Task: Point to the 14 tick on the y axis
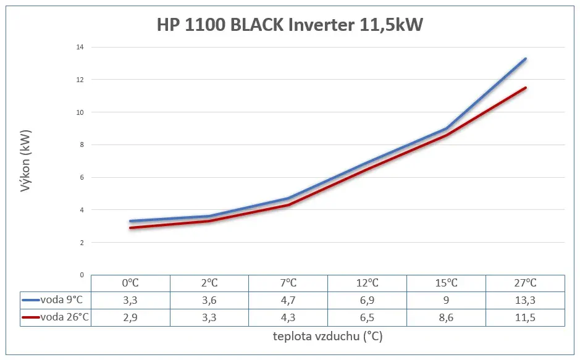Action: (x=80, y=47)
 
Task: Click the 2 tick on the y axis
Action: (x=81, y=242)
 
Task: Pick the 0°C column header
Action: (x=130, y=283)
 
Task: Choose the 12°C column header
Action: (x=367, y=283)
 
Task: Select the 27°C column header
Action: (x=525, y=283)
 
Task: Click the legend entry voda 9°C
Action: (x=56, y=300)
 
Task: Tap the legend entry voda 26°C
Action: (x=56, y=317)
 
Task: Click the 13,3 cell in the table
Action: (x=525, y=300)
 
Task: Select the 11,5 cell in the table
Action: (x=525, y=317)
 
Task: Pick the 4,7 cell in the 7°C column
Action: (x=288, y=300)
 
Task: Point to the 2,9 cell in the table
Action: (x=130, y=317)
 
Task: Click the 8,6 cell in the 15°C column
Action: (x=446, y=317)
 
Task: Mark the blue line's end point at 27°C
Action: (x=526, y=59)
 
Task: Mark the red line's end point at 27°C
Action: (x=526, y=88)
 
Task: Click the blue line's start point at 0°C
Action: (x=130, y=221)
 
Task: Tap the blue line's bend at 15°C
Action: (x=447, y=128)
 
